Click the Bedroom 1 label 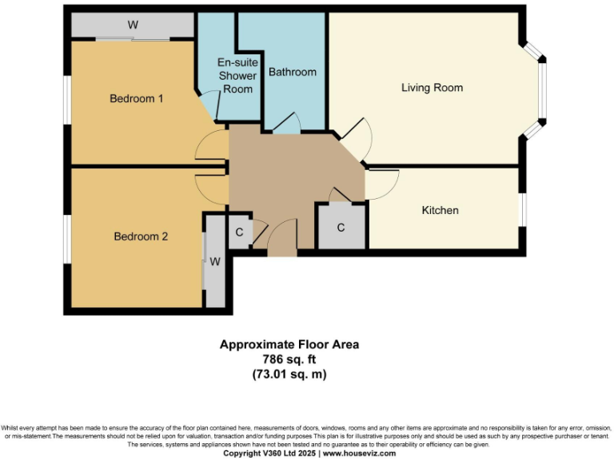[137, 99]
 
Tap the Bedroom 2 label [141, 236]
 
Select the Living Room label [432, 88]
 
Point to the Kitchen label [440, 210]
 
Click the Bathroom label [292, 72]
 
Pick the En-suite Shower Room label [237, 76]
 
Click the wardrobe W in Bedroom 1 [133, 25]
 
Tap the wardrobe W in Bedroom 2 [214, 261]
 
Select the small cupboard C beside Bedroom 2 [239, 232]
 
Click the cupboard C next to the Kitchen [341, 228]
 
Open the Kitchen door [382, 184]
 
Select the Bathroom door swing [286, 122]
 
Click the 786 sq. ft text [289, 359]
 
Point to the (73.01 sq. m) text [289, 374]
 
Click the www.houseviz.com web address [359, 453]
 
